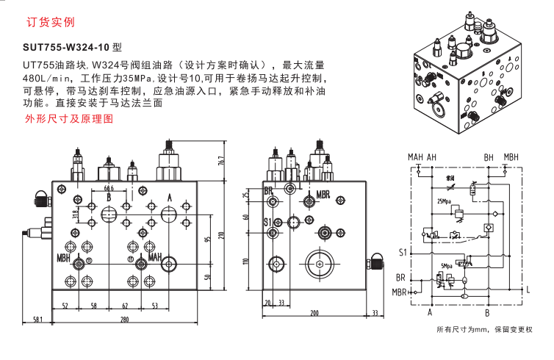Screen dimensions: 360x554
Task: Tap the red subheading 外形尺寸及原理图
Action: point(69,118)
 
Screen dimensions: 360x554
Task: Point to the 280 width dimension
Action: point(125,319)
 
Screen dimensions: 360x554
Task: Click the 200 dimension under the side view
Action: point(314,313)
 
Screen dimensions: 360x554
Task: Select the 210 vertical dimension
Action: point(220,236)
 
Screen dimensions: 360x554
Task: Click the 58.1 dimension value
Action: point(37,319)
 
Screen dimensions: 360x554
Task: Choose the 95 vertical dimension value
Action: point(208,235)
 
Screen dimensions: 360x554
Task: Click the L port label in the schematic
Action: point(528,290)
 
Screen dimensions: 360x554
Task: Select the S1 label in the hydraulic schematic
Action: point(402,253)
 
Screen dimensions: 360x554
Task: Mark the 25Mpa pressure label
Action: point(444,201)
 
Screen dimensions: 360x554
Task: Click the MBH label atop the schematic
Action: point(511,157)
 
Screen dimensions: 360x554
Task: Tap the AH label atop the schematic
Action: point(431,157)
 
